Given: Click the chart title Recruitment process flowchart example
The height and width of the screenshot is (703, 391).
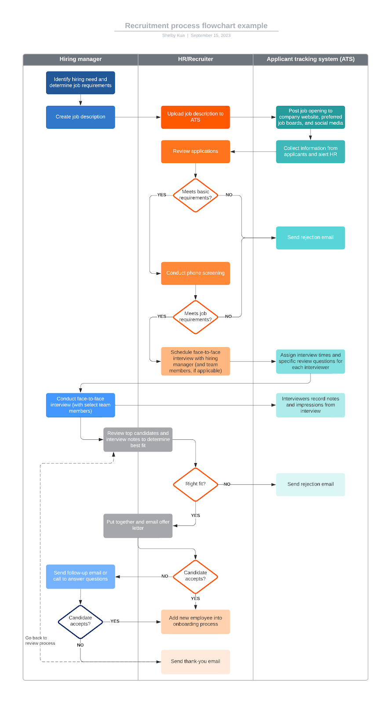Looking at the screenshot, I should click(x=196, y=26).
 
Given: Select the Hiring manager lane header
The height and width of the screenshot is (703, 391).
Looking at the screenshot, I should click(x=80, y=59).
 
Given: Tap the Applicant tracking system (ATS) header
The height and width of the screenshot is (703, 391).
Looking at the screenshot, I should click(x=311, y=59).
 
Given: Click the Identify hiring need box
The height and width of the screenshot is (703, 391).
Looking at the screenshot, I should click(x=80, y=83).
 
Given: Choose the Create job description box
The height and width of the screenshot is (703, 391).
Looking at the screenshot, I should click(x=80, y=117).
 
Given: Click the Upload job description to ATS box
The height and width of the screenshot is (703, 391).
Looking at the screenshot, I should click(x=195, y=117).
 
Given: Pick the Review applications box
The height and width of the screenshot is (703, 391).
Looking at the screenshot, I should click(x=195, y=151).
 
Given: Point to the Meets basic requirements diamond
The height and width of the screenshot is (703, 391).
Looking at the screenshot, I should click(x=195, y=195).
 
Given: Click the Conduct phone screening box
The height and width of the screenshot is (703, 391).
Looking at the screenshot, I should click(x=195, y=273).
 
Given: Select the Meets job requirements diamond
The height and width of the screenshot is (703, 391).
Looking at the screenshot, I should click(x=195, y=317).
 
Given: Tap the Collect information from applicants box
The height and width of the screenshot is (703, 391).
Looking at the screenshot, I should click(x=311, y=152).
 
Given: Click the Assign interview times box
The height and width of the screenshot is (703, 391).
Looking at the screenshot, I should click(x=311, y=361).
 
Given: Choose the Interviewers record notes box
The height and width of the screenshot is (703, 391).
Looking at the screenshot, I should click(x=311, y=405).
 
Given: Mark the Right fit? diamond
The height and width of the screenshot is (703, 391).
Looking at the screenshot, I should click(x=195, y=484).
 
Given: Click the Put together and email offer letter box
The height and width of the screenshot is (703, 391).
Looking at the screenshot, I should click(x=138, y=525).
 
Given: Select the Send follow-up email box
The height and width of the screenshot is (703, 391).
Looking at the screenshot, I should click(x=80, y=576).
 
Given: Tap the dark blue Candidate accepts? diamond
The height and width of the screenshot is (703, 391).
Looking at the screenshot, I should click(x=80, y=621).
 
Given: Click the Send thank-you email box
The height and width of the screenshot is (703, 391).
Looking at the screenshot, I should click(x=195, y=662).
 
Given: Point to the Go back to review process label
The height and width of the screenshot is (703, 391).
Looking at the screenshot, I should click(x=40, y=641).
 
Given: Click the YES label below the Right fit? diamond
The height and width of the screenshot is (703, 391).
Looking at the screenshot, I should click(x=195, y=516).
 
